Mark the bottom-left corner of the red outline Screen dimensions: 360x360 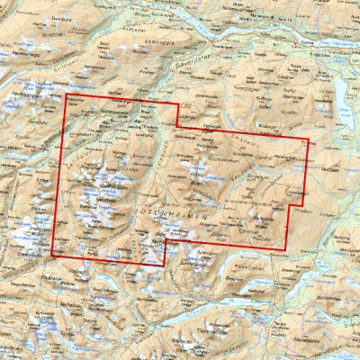click(53, 255)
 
